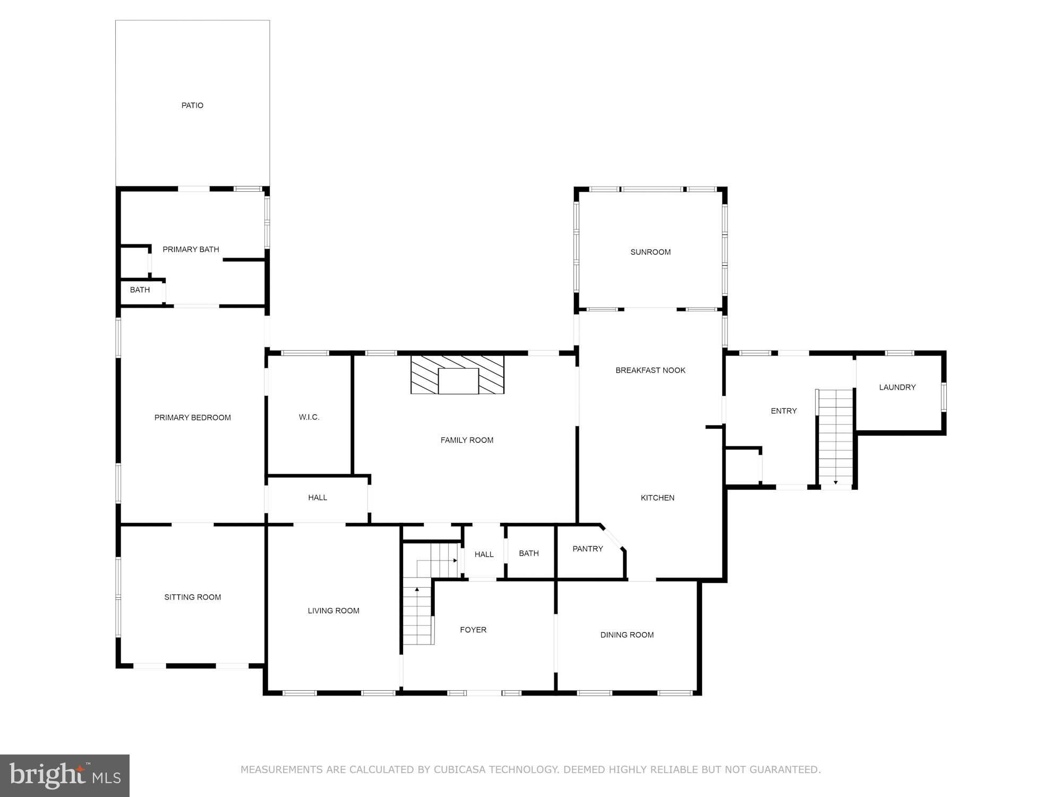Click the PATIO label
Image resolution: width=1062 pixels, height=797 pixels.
point(192,105)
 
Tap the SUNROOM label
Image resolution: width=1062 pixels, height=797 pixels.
point(650,252)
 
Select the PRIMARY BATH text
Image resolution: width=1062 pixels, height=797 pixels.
point(191,249)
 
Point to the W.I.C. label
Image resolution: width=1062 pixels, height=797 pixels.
point(309,417)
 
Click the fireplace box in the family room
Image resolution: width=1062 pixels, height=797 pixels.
point(457,375)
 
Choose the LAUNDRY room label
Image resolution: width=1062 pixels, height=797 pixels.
point(897,387)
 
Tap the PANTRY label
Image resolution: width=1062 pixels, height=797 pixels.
point(588,549)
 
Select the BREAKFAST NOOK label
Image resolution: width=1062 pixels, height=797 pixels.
point(650,370)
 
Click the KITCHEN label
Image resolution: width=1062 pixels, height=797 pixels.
point(657,498)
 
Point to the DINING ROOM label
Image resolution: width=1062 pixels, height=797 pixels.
point(627,635)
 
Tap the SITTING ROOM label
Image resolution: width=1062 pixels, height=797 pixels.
point(193,597)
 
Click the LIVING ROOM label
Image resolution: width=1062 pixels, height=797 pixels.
point(333,611)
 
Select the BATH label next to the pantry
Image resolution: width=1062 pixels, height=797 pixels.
point(529,554)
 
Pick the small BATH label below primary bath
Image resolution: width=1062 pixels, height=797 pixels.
point(140,290)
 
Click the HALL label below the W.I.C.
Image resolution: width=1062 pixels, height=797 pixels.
point(318,498)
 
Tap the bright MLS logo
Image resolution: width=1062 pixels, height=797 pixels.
point(65,775)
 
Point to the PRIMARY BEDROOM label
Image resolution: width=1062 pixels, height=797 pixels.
point(193,418)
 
